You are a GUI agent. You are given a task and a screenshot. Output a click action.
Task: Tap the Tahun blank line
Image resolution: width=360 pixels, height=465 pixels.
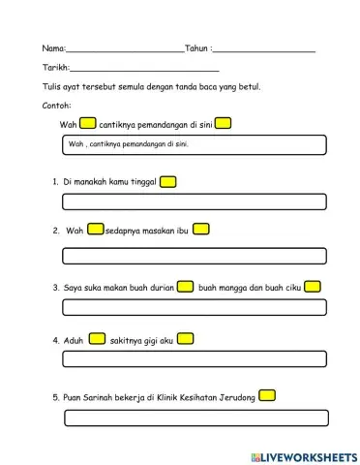click(x=263, y=49)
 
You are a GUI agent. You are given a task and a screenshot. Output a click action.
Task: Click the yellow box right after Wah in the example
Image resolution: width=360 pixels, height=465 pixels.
click(x=88, y=123)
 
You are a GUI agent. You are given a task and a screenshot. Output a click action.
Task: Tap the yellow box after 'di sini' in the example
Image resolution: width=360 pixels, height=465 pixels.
click(x=223, y=123)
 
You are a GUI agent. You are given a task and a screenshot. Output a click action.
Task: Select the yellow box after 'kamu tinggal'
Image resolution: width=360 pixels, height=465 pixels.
click(x=167, y=181)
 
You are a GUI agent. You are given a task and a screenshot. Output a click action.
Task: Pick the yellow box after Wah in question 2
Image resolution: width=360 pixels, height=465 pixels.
click(x=96, y=230)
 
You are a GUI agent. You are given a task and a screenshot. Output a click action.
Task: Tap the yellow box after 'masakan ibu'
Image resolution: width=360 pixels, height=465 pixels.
click(x=201, y=230)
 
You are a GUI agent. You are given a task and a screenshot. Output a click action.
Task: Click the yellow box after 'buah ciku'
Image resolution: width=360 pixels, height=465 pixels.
click(x=312, y=287)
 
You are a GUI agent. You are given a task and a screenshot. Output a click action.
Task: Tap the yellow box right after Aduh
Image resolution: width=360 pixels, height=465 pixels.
click(x=97, y=339)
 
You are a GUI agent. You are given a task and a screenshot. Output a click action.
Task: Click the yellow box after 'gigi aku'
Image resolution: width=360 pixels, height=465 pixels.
click(x=186, y=339)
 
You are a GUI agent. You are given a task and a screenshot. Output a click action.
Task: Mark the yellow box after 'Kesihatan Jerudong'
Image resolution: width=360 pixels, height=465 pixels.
click(x=268, y=395)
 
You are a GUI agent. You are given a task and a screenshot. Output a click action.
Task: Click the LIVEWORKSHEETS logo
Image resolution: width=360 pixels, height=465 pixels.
click(x=303, y=455)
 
